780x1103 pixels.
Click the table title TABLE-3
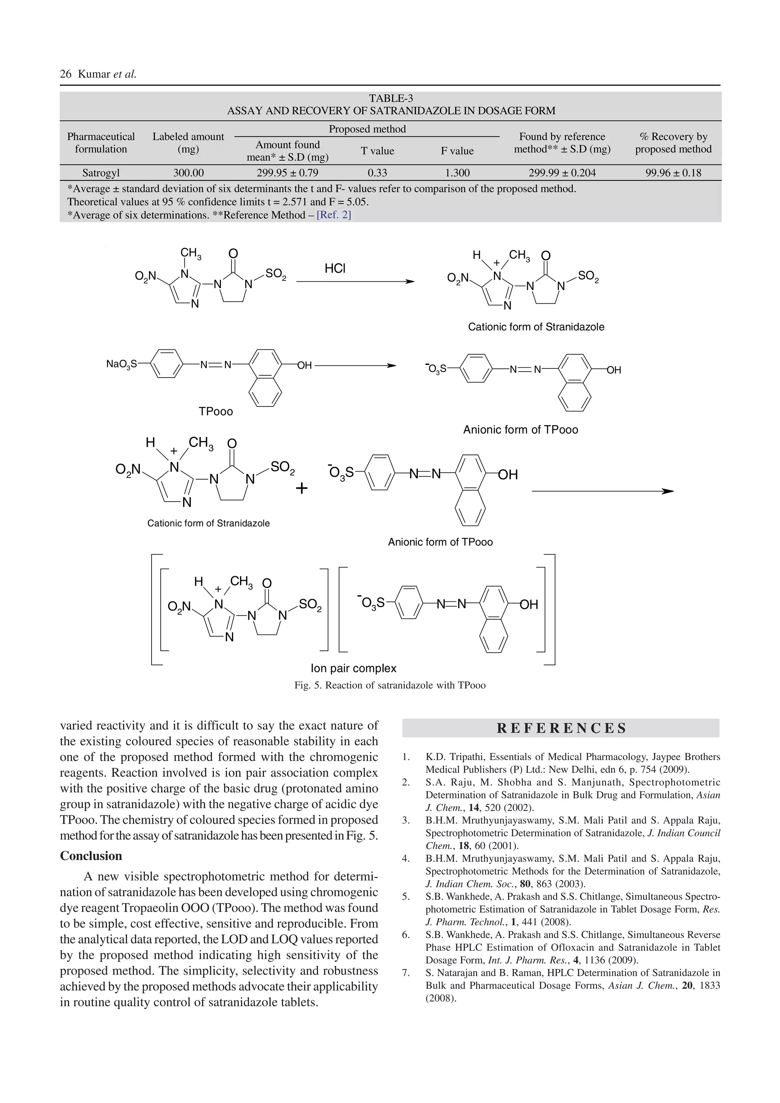coord(390,99)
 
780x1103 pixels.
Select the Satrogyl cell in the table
coord(101,173)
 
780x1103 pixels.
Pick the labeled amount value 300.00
coord(189,173)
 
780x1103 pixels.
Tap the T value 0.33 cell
coord(377,173)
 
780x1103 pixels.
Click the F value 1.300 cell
coord(457,173)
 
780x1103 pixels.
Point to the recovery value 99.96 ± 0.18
coord(673,173)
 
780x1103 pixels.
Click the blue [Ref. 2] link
coord(334,215)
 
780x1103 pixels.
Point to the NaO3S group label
coord(121,365)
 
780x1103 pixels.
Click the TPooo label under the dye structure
coord(216,412)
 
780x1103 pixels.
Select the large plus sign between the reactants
coord(302,489)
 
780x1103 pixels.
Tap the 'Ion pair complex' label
coord(353,668)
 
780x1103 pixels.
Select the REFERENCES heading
coord(561,728)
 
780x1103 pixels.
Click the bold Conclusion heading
coord(91,856)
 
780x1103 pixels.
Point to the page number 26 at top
coord(66,74)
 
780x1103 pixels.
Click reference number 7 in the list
coord(406,973)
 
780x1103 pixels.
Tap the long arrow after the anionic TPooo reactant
coord(602,491)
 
